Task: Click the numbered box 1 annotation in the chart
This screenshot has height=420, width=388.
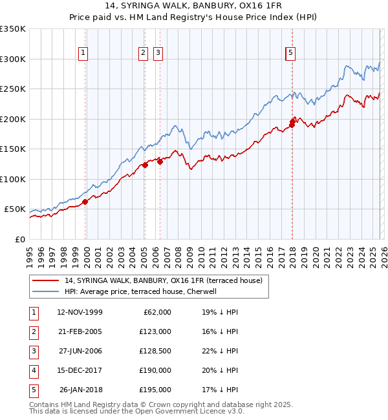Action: coord(84,54)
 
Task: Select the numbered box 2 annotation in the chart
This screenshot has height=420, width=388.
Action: coord(143,54)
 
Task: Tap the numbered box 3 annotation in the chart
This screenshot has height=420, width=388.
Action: coord(158,54)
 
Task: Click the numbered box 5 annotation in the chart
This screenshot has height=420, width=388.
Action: coord(290,54)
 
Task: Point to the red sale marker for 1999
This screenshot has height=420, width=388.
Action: coord(85,202)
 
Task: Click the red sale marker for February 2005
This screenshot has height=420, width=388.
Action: coord(145,165)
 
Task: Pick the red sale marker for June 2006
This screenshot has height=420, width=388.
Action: coord(160,162)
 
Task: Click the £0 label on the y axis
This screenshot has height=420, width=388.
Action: coord(21,240)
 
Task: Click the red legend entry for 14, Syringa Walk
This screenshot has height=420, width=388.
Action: coord(163,280)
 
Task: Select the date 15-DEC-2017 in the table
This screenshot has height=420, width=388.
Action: coord(80,370)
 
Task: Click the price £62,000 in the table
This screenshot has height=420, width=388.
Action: coord(156,312)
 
